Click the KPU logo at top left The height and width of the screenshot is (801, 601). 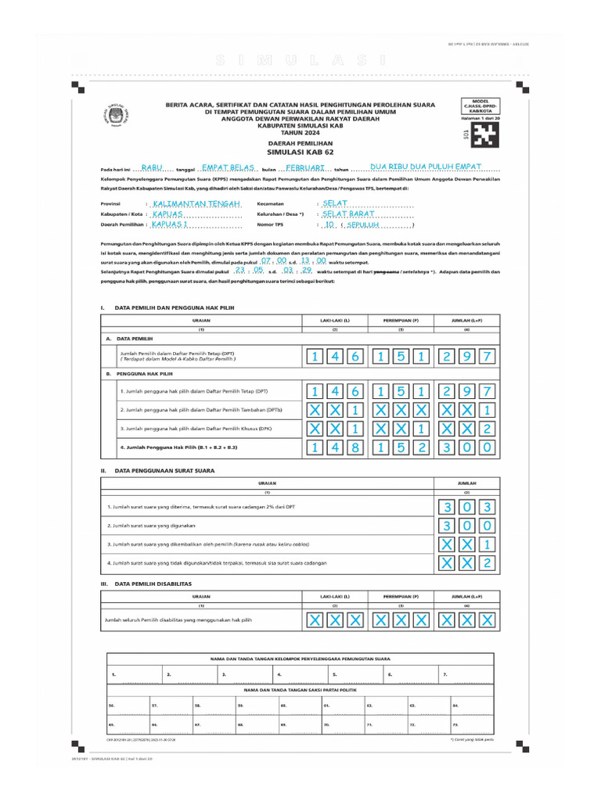click(x=117, y=117)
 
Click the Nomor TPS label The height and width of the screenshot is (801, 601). click(x=270, y=224)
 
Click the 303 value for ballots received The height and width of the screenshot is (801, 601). click(x=466, y=507)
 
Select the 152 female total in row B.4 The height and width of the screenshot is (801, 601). click(x=400, y=447)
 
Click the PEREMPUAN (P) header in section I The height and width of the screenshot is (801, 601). click(x=401, y=321)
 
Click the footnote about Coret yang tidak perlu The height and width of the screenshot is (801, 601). click(x=472, y=738)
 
